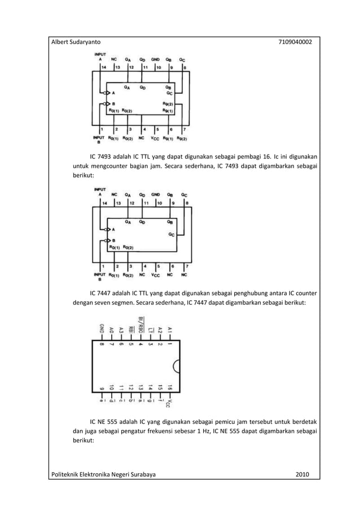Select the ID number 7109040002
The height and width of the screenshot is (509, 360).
pos(298,42)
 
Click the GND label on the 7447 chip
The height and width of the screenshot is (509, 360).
pos(102,328)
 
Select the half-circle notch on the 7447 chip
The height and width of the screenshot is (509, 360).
pos(177,368)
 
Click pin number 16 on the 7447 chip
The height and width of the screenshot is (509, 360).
pos(170,388)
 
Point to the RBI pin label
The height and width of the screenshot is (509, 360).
pos(131,328)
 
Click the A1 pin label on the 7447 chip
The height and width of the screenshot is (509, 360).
pos(170,328)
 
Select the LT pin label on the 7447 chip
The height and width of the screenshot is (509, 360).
pos(151,328)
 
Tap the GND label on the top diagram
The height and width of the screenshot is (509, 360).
pos(155,58)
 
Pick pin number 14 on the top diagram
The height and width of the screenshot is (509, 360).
pos(104,67)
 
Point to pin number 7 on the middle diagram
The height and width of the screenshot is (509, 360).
pos(187,265)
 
